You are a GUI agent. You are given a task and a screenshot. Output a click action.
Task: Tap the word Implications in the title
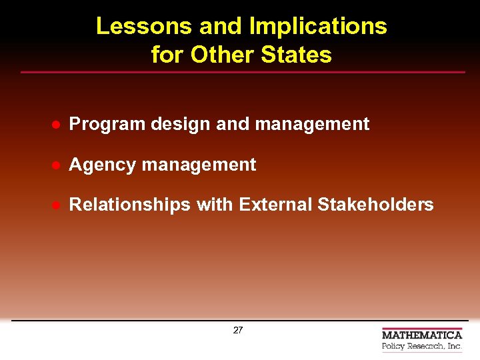coord(317,26)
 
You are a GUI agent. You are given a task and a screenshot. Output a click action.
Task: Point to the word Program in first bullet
coord(107,124)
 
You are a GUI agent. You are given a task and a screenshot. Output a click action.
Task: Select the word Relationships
coord(130,205)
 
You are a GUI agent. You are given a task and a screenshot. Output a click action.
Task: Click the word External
coord(275,205)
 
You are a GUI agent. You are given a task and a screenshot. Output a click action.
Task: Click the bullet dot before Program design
coord(57,125)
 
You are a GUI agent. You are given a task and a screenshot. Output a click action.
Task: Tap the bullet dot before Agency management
coord(57,165)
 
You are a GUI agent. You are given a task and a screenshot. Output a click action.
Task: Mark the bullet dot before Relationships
coord(57,205)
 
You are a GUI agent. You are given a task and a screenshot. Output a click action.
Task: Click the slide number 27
coord(238,331)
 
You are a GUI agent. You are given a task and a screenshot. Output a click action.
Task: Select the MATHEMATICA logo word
coord(421,335)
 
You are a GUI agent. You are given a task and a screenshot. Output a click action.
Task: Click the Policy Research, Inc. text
coord(421,347)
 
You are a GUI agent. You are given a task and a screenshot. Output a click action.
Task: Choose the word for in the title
coord(167,54)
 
